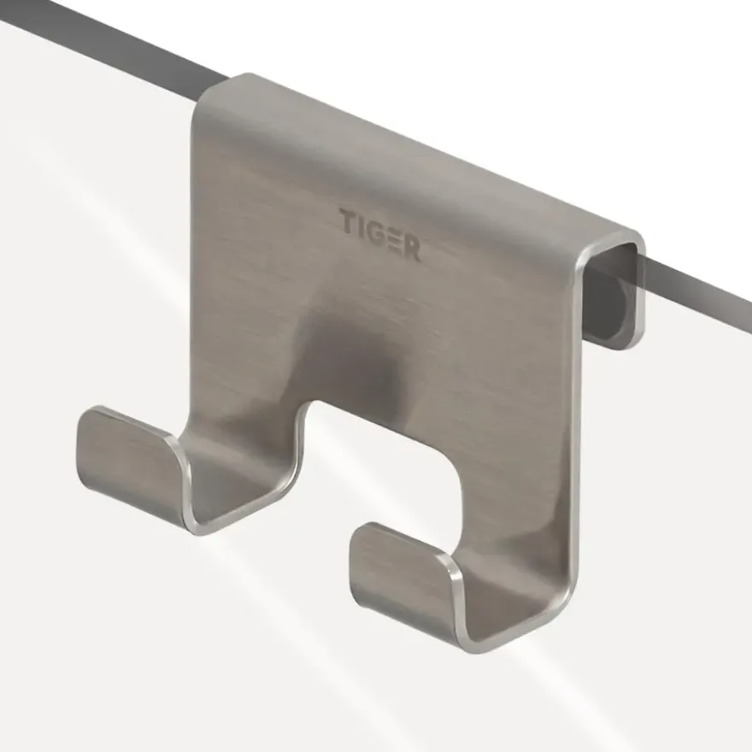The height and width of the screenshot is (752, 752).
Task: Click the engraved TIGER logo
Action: (x=380, y=235)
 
